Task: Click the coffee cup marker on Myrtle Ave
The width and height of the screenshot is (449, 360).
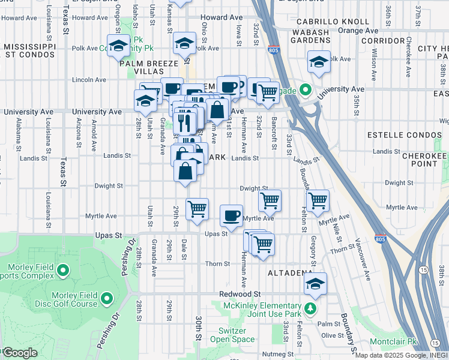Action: pyautogui.click(x=231, y=215)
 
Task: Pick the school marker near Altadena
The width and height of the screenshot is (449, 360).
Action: pyautogui.click(x=315, y=284)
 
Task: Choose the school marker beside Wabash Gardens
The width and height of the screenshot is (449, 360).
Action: pyautogui.click(x=319, y=61)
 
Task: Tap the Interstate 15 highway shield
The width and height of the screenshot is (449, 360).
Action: pyautogui.click(x=424, y=271)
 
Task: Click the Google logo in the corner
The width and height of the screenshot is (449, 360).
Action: pyautogui.click(x=20, y=352)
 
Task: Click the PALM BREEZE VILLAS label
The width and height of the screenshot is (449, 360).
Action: pyautogui.click(x=149, y=67)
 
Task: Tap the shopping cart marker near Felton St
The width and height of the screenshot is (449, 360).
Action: pyautogui.click(x=318, y=200)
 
